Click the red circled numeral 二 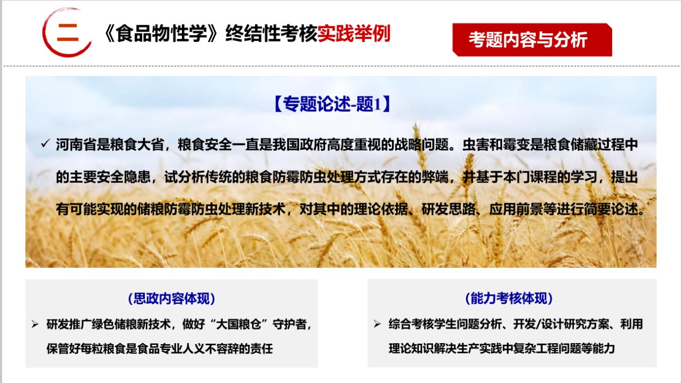67,32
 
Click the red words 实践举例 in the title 354,34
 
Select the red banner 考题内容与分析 528,39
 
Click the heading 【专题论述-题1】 332,104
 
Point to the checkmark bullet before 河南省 45,144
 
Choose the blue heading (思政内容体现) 171,298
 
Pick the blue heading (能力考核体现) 509,298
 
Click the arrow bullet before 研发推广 35,324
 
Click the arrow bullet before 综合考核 377,324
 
